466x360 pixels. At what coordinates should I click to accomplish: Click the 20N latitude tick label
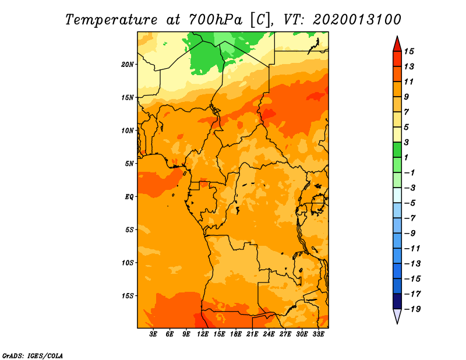click(127, 65)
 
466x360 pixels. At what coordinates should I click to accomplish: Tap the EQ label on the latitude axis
click(129, 197)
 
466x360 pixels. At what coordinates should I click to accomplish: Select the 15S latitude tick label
click(127, 296)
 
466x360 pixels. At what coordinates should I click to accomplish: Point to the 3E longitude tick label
click(153, 334)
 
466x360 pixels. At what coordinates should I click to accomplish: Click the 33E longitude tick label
click(318, 334)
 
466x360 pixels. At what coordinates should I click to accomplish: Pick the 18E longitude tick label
click(236, 334)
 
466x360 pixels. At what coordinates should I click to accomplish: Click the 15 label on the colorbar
click(409, 51)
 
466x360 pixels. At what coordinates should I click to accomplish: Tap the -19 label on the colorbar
click(412, 309)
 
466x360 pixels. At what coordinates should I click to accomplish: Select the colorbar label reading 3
click(406, 142)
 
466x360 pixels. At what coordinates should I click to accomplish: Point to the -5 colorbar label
click(410, 203)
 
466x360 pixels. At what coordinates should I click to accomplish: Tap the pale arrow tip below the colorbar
click(397, 323)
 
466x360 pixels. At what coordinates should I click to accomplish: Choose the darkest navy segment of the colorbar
click(397, 301)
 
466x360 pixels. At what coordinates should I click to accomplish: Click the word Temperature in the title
click(111, 20)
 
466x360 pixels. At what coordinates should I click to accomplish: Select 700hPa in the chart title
click(216, 20)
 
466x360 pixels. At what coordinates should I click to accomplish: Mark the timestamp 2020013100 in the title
click(357, 20)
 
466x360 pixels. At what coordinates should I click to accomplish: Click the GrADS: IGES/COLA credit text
click(33, 355)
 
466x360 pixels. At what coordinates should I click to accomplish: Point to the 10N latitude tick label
click(127, 130)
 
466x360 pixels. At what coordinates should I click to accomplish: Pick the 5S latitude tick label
click(129, 230)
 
